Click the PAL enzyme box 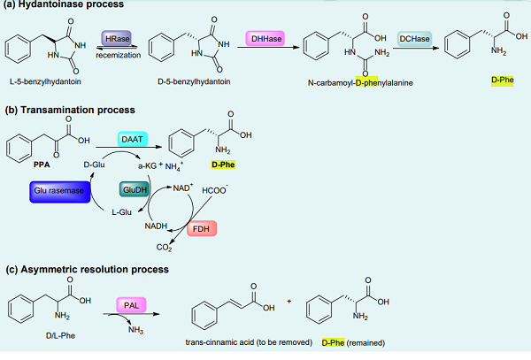coord(130,307)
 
